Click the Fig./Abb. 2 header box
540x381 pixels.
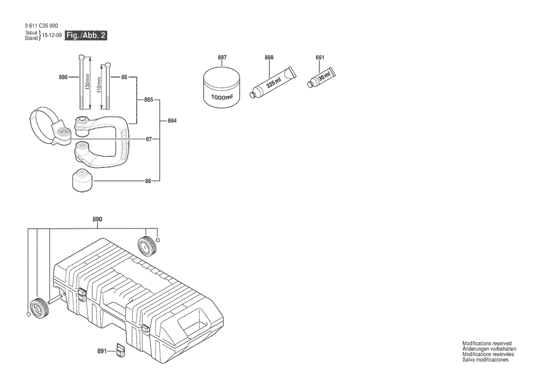point(87,36)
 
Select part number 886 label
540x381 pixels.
point(63,77)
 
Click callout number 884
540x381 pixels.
point(172,121)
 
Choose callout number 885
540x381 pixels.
point(148,99)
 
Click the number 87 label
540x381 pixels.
point(148,138)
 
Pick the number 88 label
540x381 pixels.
point(148,181)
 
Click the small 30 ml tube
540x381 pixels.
point(322,77)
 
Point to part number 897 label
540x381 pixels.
point(222,58)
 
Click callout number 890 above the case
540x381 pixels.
point(98,220)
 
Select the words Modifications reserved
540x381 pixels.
point(486,343)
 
